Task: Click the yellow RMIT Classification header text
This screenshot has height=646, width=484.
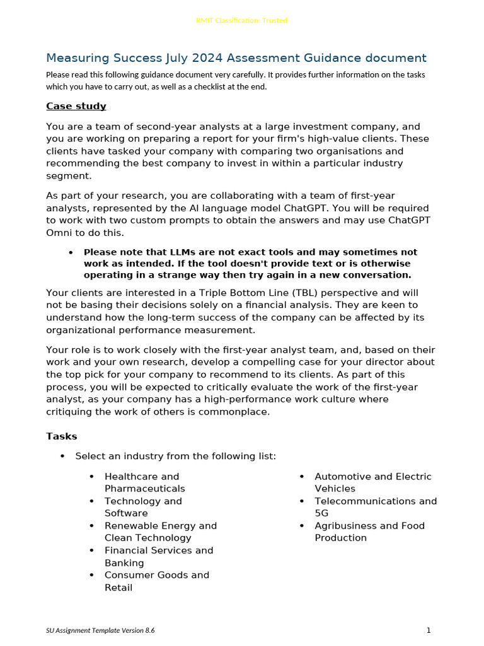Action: (x=242, y=20)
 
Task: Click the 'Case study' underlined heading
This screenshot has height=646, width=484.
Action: (x=76, y=106)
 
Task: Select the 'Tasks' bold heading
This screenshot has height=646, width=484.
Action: (x=62, y=436)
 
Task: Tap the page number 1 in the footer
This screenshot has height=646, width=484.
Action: (x=429, y=630)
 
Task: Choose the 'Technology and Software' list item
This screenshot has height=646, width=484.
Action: (x=142, y=507)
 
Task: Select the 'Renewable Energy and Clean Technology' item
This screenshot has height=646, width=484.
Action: (x=160, y=532)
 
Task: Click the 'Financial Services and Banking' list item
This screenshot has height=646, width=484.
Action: (x=159, y=556)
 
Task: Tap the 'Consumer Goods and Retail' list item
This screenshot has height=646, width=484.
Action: (x=156, y=581)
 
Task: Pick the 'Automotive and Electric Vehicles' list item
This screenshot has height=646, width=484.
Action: (x=372, y=483)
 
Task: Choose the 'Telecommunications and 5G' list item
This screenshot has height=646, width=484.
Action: (x=375, y=507)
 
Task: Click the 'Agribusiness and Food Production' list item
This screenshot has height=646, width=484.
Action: (x=369, y=532)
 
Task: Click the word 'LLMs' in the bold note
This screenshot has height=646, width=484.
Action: (x=173, y=252)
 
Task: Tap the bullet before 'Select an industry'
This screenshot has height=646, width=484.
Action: (x=62, y=456)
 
